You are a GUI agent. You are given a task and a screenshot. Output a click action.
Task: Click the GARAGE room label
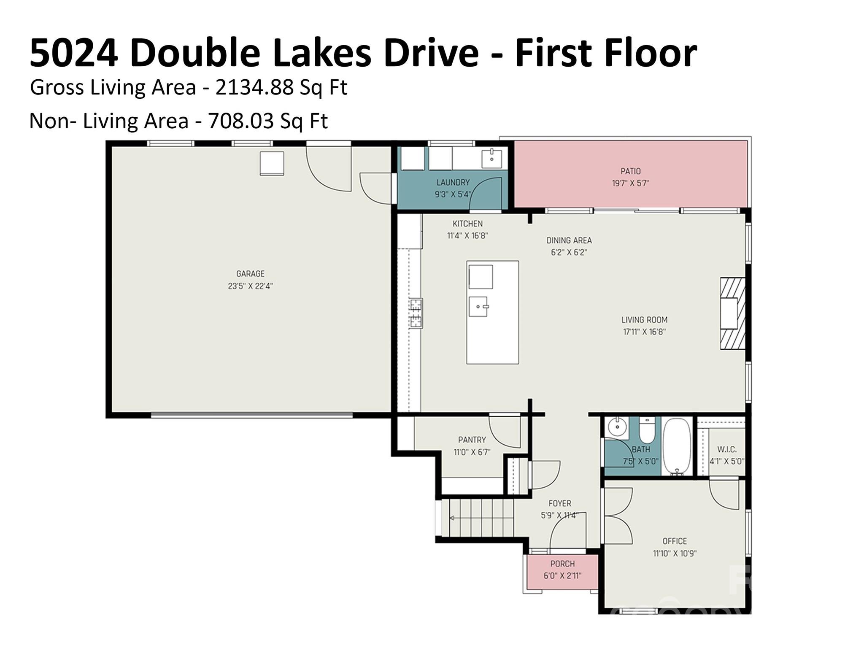tap(250, 273)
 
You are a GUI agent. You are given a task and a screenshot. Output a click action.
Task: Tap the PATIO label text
tap(630, 171)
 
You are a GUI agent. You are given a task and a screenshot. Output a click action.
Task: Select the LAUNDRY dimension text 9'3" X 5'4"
tap(453, 194)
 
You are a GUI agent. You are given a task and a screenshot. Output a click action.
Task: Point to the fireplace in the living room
tap(732, 313)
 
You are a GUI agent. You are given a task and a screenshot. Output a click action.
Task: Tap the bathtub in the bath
tap(677, 446)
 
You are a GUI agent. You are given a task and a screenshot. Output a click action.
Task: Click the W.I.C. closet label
tap(726, 450)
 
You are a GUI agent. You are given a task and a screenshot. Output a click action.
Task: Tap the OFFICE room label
tap(675, 541)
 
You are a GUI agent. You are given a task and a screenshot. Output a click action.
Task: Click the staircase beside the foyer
tap(481, 518)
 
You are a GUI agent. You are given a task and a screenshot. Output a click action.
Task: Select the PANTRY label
tap(472, 440)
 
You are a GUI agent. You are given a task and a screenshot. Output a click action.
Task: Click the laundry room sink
tap(491, 159)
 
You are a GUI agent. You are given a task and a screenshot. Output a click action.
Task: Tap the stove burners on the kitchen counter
tap(416, 313)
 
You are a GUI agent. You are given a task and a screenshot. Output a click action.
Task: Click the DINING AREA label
tap(569, 240)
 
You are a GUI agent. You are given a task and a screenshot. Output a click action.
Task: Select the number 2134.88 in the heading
tap(254, 88)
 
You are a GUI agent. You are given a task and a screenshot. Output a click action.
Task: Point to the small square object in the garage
tap(272, 163)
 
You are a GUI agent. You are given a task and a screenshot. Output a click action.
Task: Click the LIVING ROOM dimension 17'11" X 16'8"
tap(644, 332)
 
